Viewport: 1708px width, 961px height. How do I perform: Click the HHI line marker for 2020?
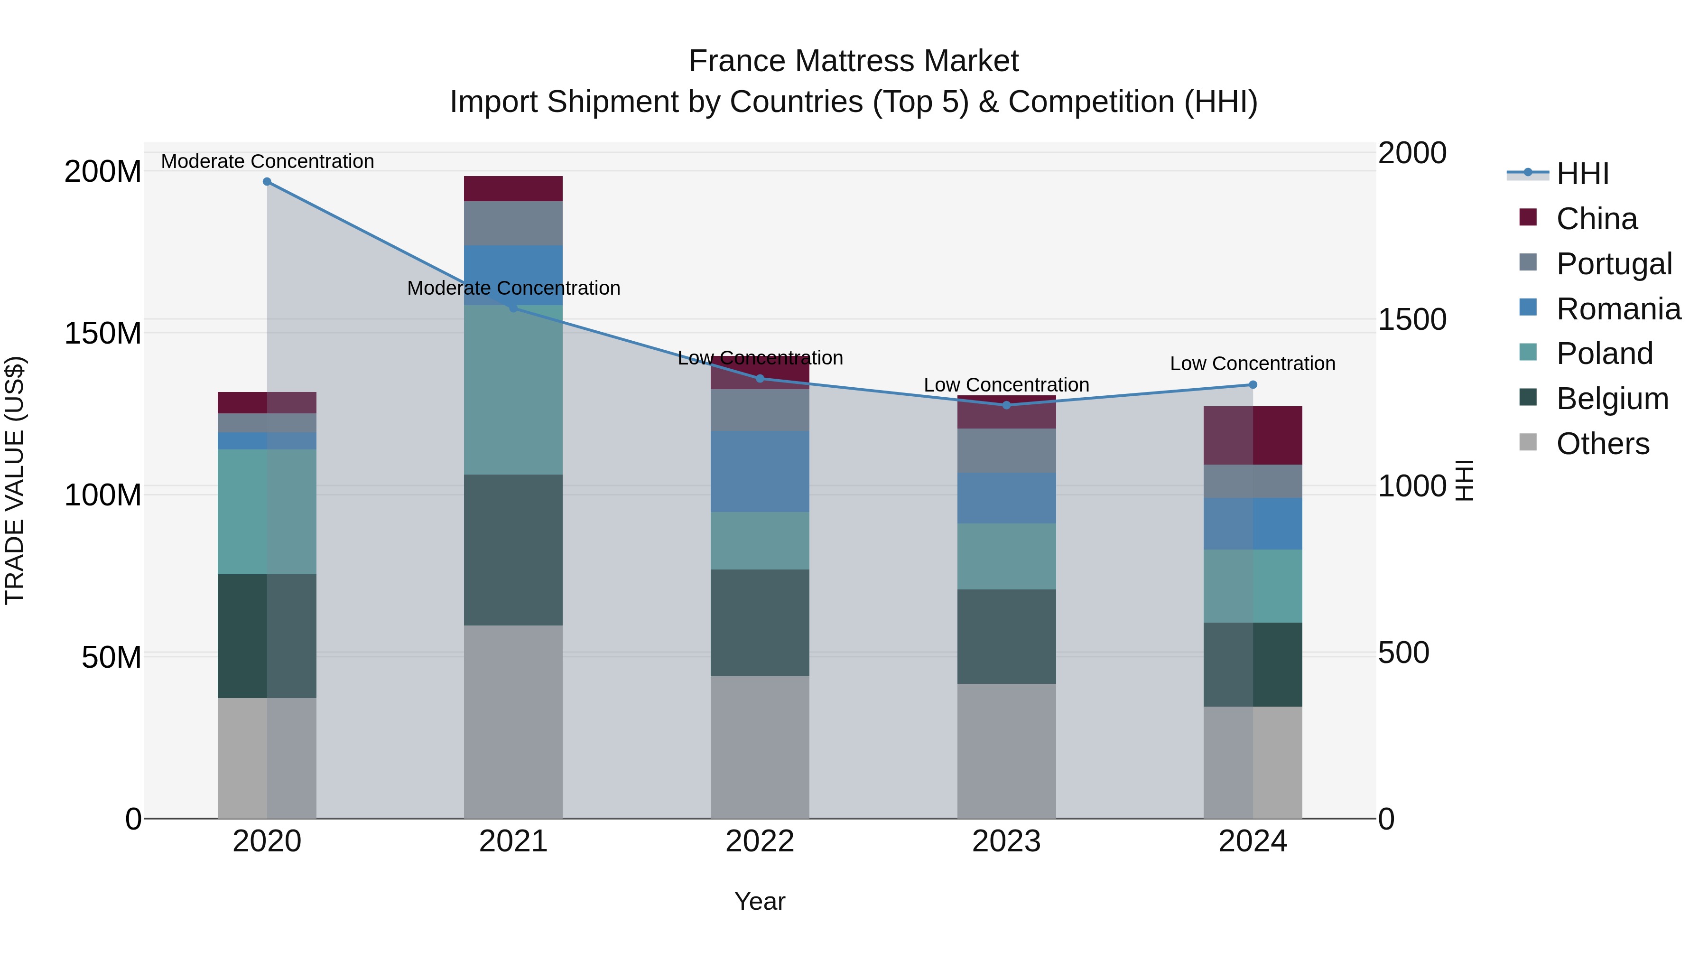(x=267, y=182)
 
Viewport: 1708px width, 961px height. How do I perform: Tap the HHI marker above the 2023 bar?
(x=1006, y=405)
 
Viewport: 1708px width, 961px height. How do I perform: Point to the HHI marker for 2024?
(x=1253, y=385)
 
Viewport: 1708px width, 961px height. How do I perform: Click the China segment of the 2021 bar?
(x=513, y=189)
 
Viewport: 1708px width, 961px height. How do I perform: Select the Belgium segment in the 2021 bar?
(x=513, y=550)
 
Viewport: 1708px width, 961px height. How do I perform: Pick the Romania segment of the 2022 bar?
(x=760, y=472)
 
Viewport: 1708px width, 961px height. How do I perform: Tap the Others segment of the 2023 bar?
(x=1006, y=751)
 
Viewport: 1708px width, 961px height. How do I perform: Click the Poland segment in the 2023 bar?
(x=1006, y=557)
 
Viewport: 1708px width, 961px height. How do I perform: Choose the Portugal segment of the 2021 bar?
(x=513, y=224)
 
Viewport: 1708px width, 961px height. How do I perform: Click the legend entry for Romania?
(x=1618, y=309)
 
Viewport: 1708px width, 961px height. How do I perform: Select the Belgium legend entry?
(x=1611, y=399)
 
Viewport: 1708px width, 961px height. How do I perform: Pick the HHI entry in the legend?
(x=1582, y=174)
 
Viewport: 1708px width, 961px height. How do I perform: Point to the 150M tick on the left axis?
(x=103, y=333)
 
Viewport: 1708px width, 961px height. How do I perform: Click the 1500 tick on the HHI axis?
(x=1411, y=320)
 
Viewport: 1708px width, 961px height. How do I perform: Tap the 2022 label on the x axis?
(x=760, y=841)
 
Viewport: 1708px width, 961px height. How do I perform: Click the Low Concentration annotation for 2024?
(x=1253, y=364)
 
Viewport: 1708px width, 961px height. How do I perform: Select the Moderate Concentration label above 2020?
(x=267, y=161)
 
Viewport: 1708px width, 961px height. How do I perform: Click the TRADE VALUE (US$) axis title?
(x=15, y=480)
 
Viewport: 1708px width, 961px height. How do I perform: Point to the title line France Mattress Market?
(x=854, y=61)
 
